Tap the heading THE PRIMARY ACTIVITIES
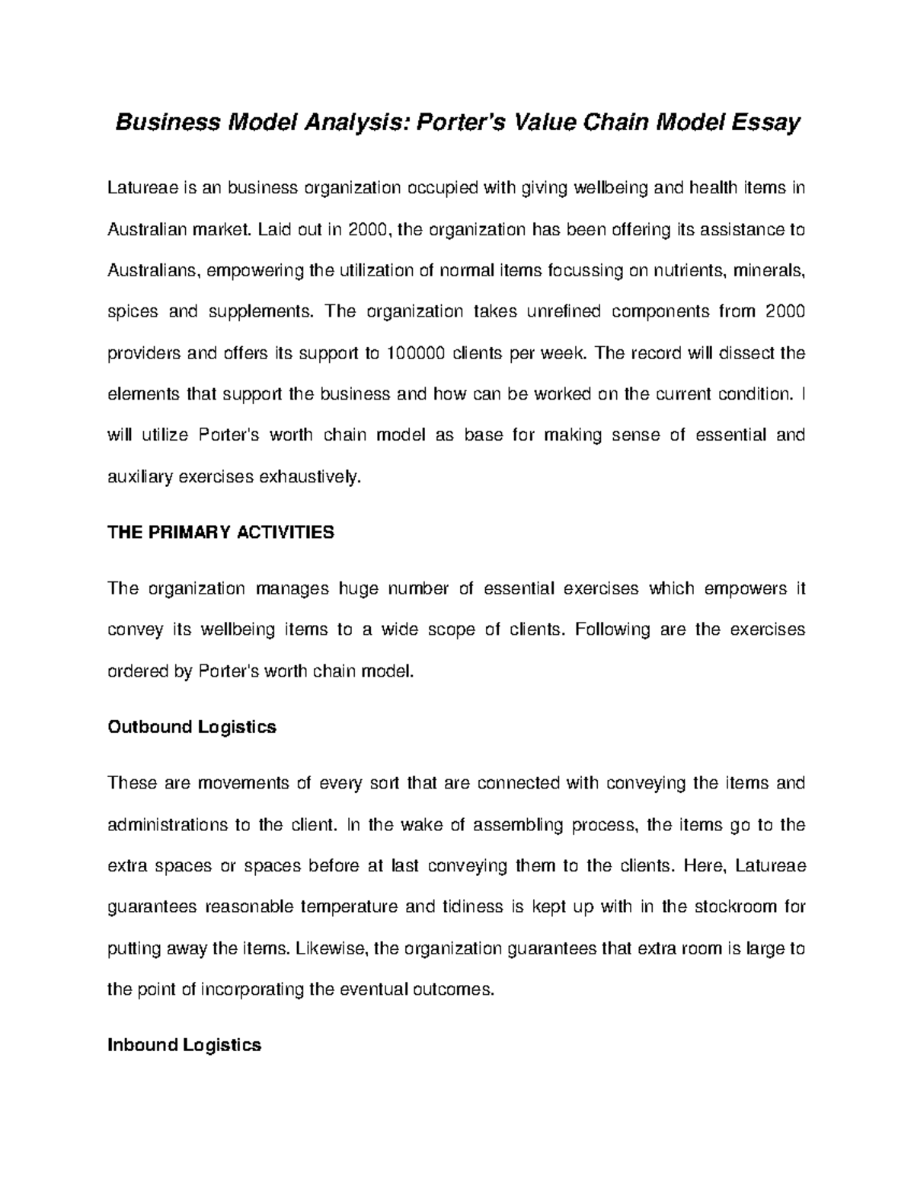pos(221,532)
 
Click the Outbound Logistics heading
pos(192,727)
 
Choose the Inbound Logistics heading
pos(184,1045)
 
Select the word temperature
pos(348,906)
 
